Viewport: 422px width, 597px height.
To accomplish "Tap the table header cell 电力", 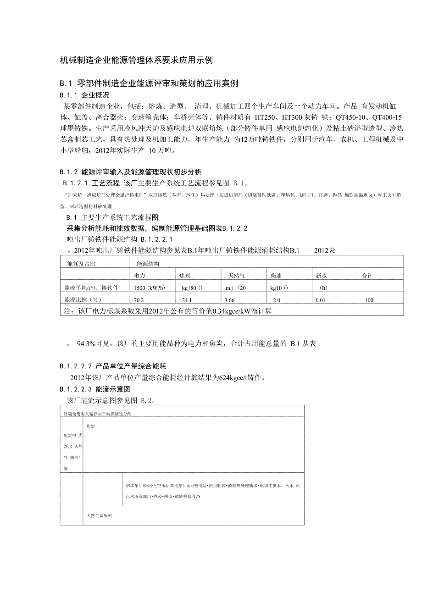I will tap(140, 276).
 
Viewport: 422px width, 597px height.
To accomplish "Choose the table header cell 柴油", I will tap(277, 276).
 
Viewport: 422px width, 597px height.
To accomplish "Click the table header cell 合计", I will tap(367, 276).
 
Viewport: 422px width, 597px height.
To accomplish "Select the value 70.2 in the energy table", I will tap(139, 300).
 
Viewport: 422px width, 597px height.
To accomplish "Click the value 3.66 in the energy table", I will tap(229, 300).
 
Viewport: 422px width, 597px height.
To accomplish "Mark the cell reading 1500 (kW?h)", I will tap(150, 288).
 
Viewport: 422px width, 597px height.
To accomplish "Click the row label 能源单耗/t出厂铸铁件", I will tap(93, 288).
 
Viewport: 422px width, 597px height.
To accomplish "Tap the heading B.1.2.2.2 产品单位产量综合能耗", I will tap(113, 366).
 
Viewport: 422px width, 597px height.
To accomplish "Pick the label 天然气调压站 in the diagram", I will tap(100, 515).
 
